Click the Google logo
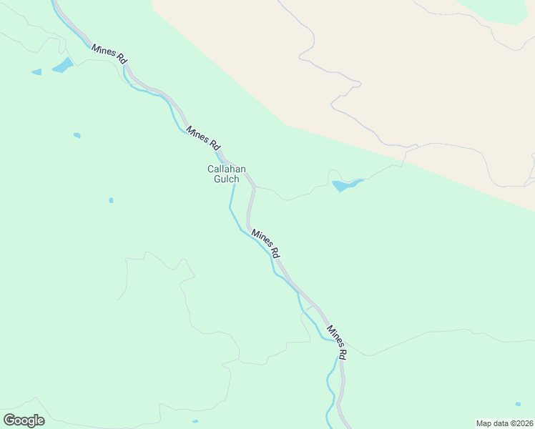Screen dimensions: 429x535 [24, 420]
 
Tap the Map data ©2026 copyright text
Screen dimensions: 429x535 [504, 423]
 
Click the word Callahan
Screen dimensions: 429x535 [227, 169]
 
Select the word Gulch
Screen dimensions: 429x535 [227, 179]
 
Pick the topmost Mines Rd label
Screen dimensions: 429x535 [109, 54]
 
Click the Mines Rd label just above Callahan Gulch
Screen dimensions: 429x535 [203, 137]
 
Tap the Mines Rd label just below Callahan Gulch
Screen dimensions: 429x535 [265, 243]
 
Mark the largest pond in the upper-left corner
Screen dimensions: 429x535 [63, 65]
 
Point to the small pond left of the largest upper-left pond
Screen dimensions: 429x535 [36, 71]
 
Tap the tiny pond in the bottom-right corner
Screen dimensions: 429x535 [518, 404]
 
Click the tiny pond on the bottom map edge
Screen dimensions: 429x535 [195, 421]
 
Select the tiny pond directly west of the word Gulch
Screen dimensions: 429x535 [111, 200]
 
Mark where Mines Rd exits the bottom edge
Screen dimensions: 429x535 [348, 426]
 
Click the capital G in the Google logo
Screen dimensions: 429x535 [9, 420]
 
